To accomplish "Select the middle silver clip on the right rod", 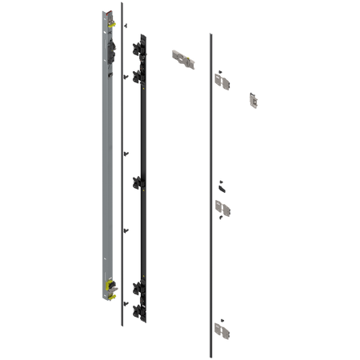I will [224, 210].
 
